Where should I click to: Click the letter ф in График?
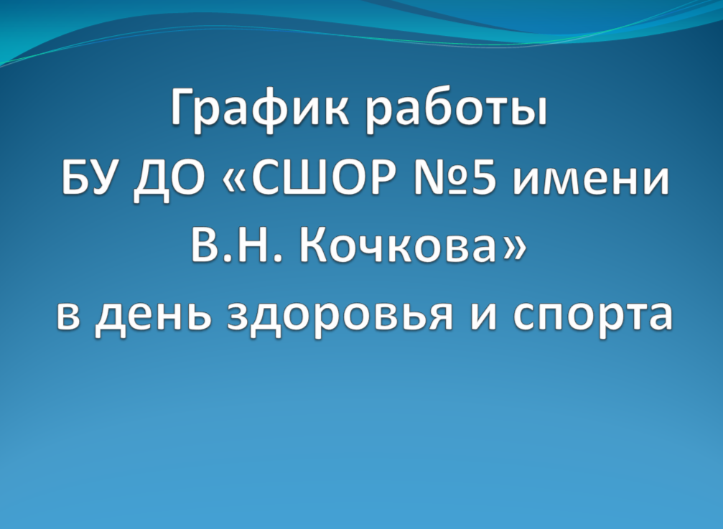click(264, 110)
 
